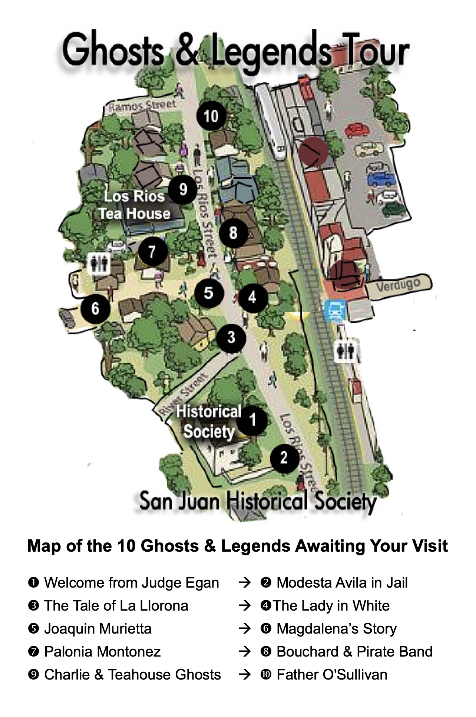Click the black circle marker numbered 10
click(211, 116)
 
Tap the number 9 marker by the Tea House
click(183, 189)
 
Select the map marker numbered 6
click(95, 308)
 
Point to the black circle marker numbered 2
click(284, 458)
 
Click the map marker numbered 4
click(253, 297)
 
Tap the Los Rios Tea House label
click(134, 205)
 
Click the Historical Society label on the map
click(209, 422)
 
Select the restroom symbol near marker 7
click(99, 264)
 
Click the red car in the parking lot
click(357, 130)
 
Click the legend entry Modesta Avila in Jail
click(341, 583)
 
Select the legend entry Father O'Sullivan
click(331, 675)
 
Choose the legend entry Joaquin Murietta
click(97, 629)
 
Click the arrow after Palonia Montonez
click(245, 652)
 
